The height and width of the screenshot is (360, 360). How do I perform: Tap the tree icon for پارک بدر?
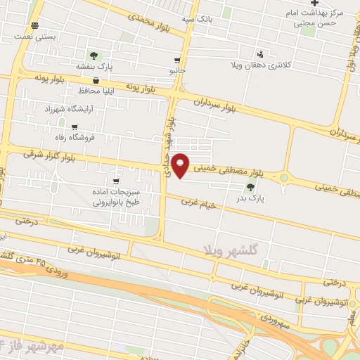click(251, 187)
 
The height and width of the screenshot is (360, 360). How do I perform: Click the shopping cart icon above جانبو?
click(176, 60)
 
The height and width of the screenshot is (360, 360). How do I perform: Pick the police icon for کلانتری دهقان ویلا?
click(261, 53)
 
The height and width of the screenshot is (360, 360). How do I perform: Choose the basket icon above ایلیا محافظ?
click(94, 80)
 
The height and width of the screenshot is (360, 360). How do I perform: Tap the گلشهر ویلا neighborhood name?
click(231, 250)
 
